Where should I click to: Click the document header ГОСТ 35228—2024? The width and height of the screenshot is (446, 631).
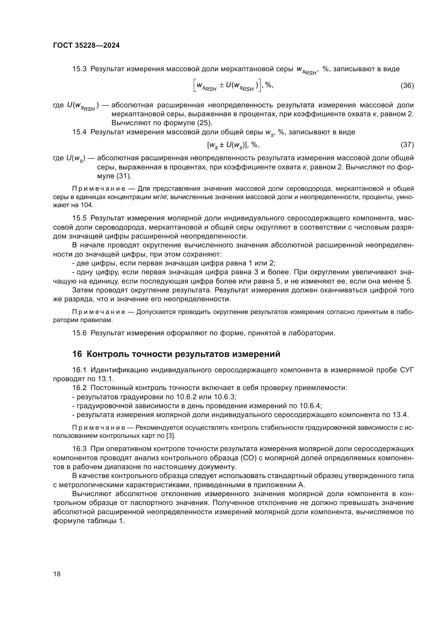86,46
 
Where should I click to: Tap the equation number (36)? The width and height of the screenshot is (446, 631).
407,86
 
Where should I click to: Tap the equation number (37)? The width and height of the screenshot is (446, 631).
407,145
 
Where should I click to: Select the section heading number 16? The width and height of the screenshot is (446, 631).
77,354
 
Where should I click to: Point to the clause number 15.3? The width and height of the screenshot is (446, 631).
79,69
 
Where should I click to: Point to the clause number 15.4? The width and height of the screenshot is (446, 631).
79,132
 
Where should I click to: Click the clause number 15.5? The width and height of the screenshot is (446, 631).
79,218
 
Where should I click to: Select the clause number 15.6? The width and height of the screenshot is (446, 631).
79,333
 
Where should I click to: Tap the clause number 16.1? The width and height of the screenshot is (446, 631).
79,370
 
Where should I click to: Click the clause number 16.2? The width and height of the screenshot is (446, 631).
79,388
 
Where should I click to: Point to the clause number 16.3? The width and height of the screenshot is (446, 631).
79,449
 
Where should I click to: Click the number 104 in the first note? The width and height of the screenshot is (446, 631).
87,205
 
